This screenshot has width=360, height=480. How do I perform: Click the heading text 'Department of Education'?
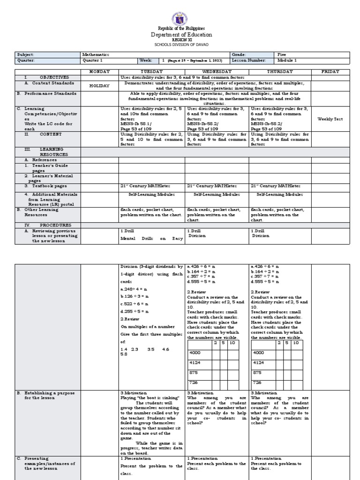pyautogui.click(x=181, y=35)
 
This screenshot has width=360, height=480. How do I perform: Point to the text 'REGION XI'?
pyautogui.click(x=181, y=40)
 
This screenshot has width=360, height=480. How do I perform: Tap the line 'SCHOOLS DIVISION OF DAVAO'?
pyautogui.click(x=181, y=45)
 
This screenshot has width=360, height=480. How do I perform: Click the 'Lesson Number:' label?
pyautogui.click(x=249, y=60)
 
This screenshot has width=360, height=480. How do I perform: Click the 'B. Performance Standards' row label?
pyautogui.click(x=45, y=94)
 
